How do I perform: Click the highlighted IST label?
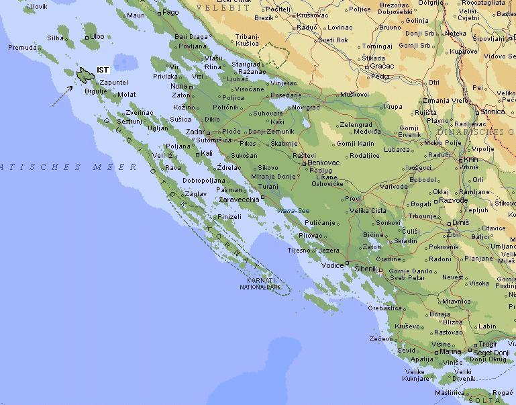(103, 70)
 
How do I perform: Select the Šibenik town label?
(366, 268)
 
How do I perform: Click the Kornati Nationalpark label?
(259, 283)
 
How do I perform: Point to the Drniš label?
(460, 222)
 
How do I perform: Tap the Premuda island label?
(21, 48)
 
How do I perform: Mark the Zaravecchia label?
(238, 199)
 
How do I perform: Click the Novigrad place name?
(307, 107)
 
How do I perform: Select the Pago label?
(170, 12)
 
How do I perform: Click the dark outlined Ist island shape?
(85, 75)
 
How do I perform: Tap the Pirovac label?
(311, 236)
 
